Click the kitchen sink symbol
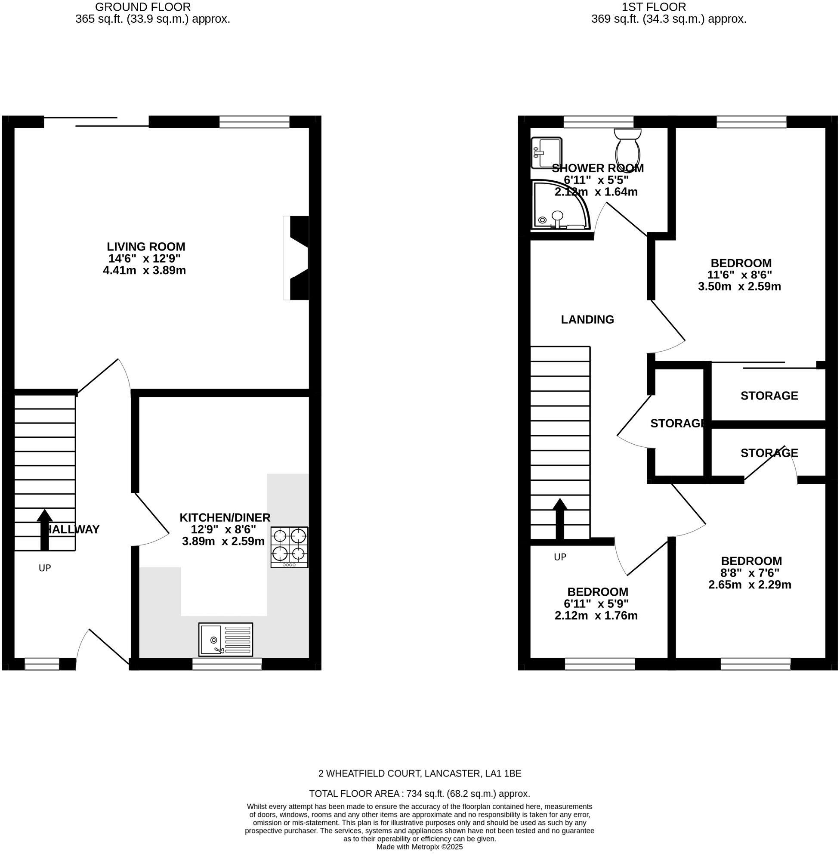tap(225, 639)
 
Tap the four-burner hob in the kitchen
tap(290, 547)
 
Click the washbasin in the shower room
tap(546, 153)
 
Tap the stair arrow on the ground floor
tap(44, 529)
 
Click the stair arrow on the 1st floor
tap(560, 519)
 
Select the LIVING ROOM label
tap(146, 247)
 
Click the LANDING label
tap(587, 319)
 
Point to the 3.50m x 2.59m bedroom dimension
tap(739, 286)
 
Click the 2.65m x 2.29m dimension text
tap(750, 585)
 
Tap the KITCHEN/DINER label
tap(225, 517)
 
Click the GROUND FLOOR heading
tap(143, 7)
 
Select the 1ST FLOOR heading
tap(654, 7)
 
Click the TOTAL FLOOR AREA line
tap(419, 794)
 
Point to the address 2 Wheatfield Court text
tap(419, 773)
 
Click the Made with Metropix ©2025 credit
tap(419, 847)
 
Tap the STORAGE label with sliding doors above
tap(769, 396)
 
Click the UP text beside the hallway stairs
tap(45, 568)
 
